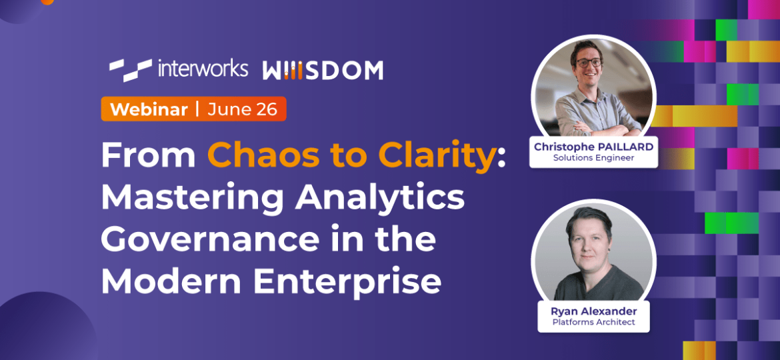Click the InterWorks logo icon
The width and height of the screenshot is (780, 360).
pos(130,69)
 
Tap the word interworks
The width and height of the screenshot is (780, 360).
pos(203,69)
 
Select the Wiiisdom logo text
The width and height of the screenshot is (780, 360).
pos(323,70)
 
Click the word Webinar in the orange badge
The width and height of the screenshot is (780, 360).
pos(149,109)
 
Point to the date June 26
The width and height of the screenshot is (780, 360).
pos(242,109)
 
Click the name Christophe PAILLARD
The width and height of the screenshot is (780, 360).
pos(593,147)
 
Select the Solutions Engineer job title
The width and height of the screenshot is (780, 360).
pos(593,159)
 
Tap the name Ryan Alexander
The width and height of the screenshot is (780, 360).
pos(593,311)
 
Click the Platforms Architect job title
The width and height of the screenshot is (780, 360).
pos(593,323)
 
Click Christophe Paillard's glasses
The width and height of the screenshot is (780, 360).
pos(589,63)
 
